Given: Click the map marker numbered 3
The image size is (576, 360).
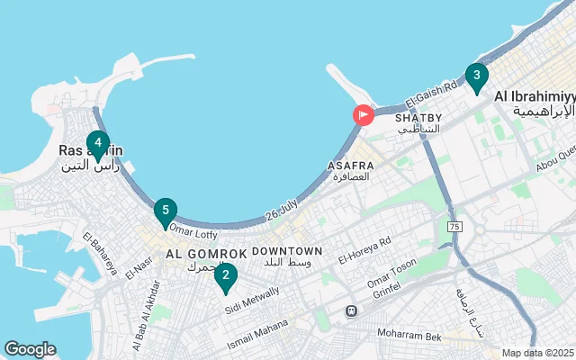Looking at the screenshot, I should click(x=476, y=76).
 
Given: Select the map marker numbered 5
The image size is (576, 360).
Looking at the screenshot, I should click(x=164, y=211).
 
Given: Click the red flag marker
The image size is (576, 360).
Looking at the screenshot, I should click(x=362, y=115).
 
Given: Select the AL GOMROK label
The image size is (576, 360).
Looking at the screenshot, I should click(x=200, y=255).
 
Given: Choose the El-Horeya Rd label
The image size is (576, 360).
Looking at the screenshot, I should click(x=364, y=250).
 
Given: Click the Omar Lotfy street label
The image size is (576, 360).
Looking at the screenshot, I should click(x=187, y=233).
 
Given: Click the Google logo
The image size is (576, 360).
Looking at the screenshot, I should click(x=30, y=348).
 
